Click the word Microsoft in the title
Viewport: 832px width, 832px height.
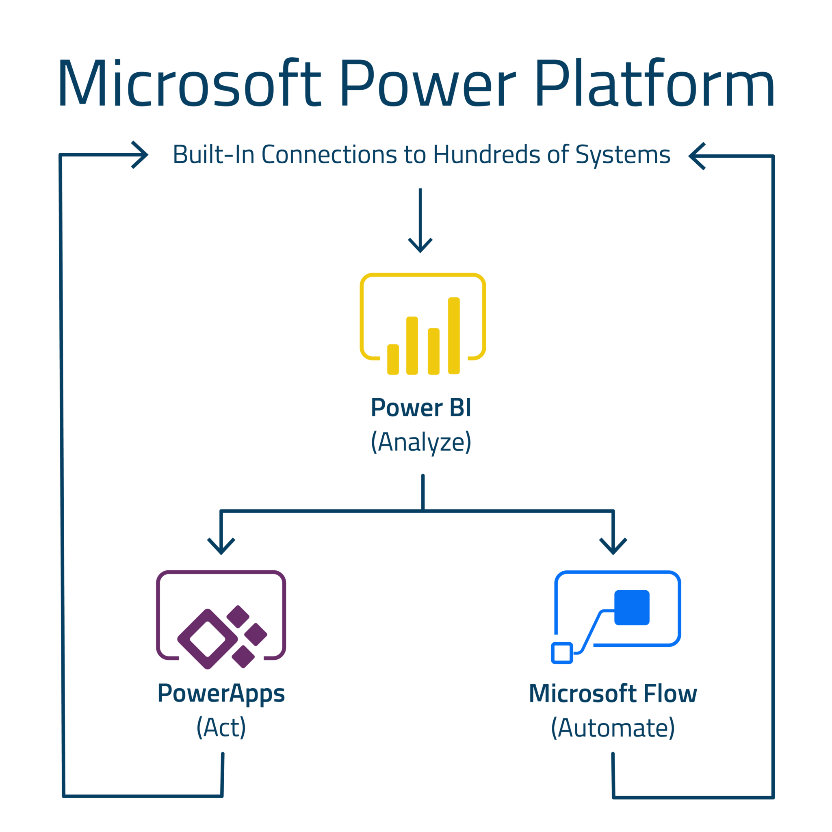coord(189,83)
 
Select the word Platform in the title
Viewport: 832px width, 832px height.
coord(654,83)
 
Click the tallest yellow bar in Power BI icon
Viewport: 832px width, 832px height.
coord(453,336)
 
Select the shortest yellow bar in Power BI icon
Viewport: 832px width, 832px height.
coord(393,360)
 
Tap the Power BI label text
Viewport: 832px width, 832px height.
coord(421,408)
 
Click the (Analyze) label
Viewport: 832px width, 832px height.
coord(421,442)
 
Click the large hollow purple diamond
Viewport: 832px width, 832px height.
coord(208,639)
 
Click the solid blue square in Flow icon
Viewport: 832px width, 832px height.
coord(631,607)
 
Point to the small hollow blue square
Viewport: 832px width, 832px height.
coord(561,653)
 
